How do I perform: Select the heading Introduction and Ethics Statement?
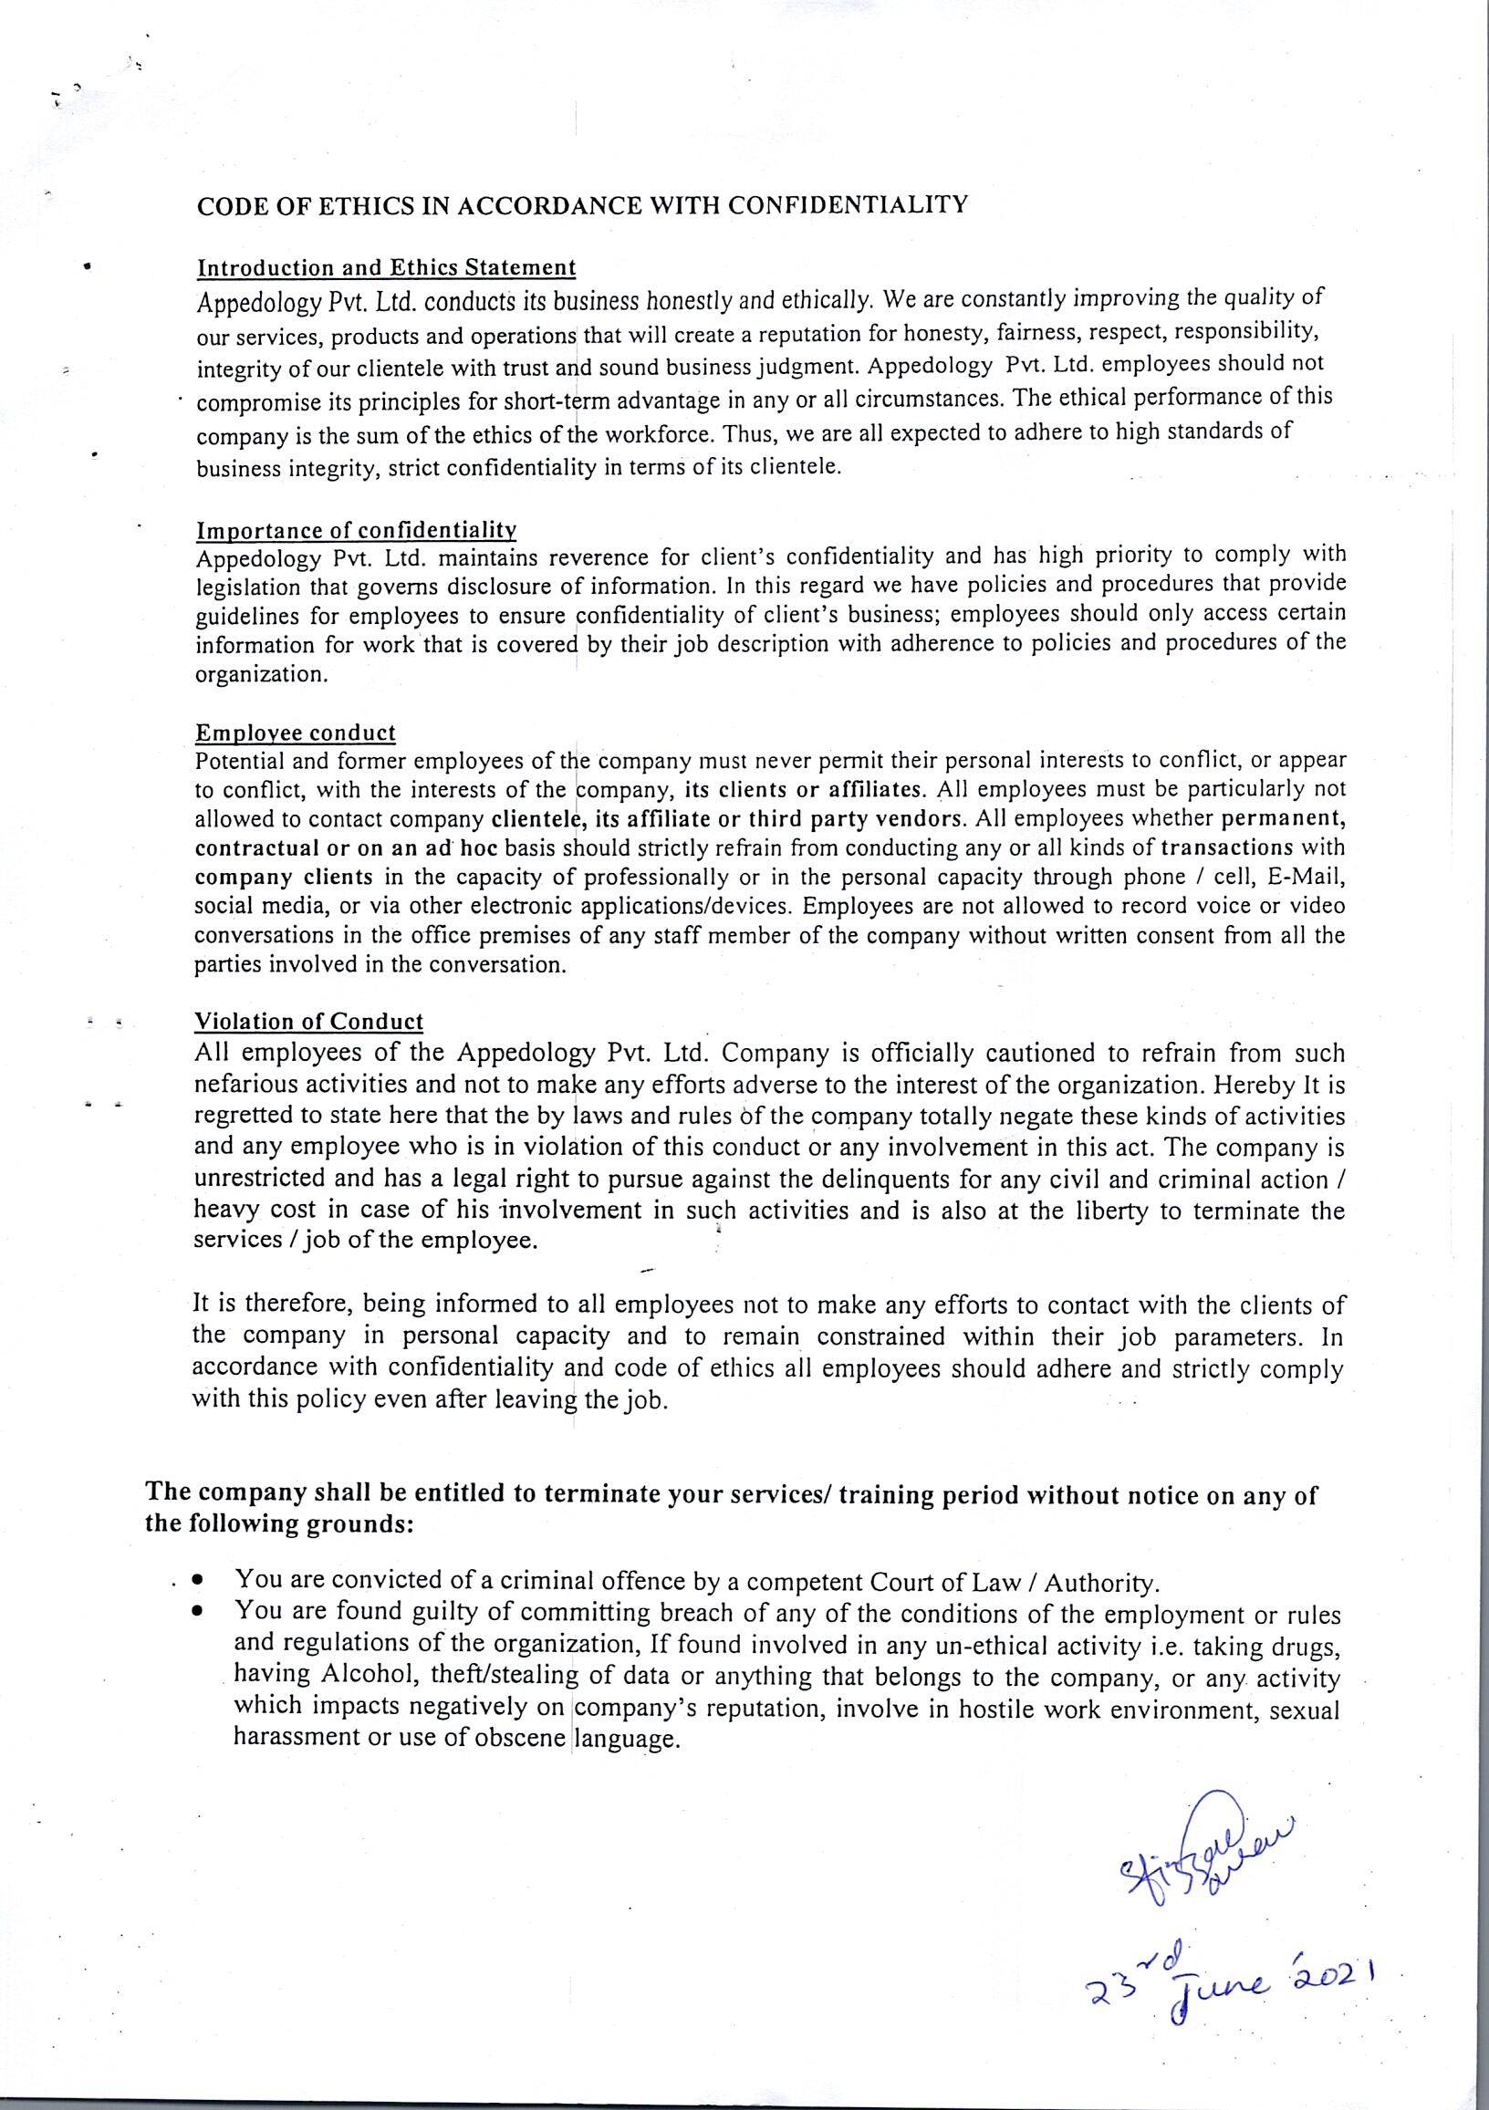(x=386, y=268)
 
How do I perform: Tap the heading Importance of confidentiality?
(x=356, y=531)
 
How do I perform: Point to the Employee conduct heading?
(x=295, y=733)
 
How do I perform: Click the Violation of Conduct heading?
(x=308, y=1022)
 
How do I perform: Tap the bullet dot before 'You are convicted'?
(x=197, y=1583)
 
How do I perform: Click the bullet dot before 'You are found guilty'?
(x=197, y=1613)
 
